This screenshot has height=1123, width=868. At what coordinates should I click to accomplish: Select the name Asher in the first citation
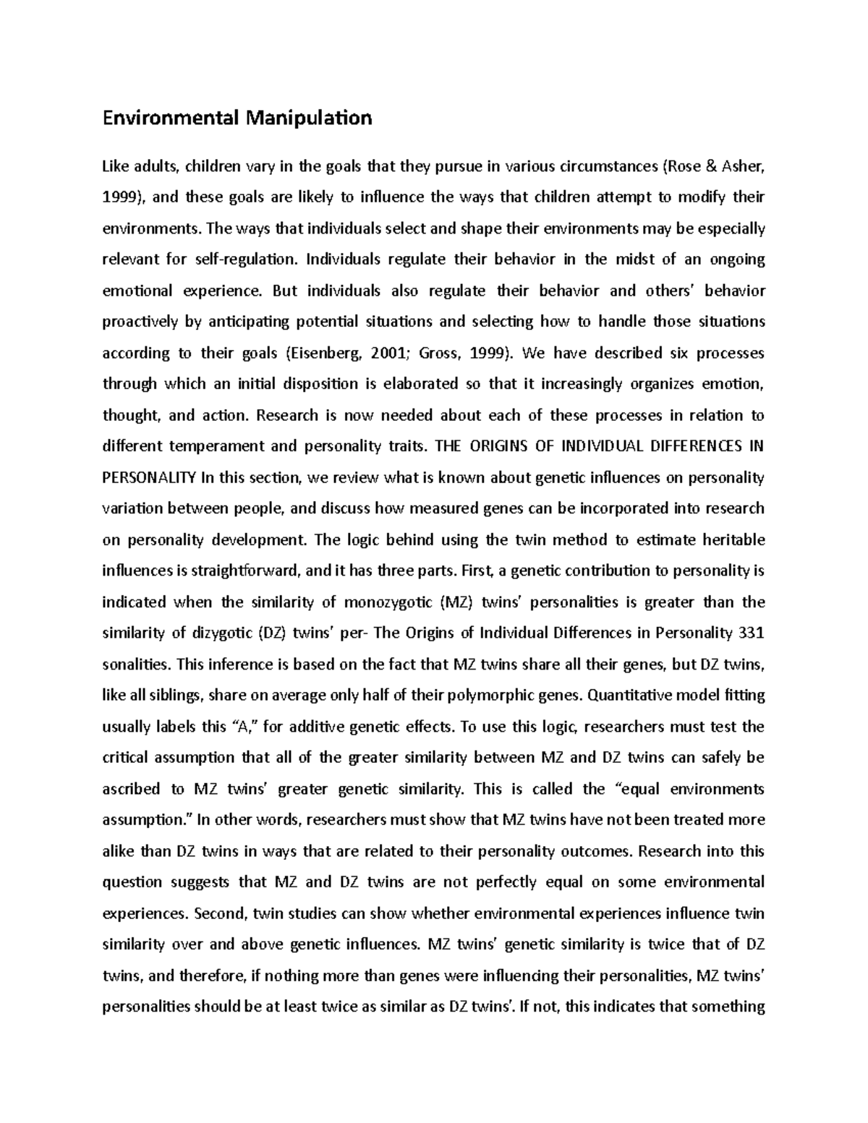[x=738, y=166]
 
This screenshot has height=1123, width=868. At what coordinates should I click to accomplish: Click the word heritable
[x=735, y=539]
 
